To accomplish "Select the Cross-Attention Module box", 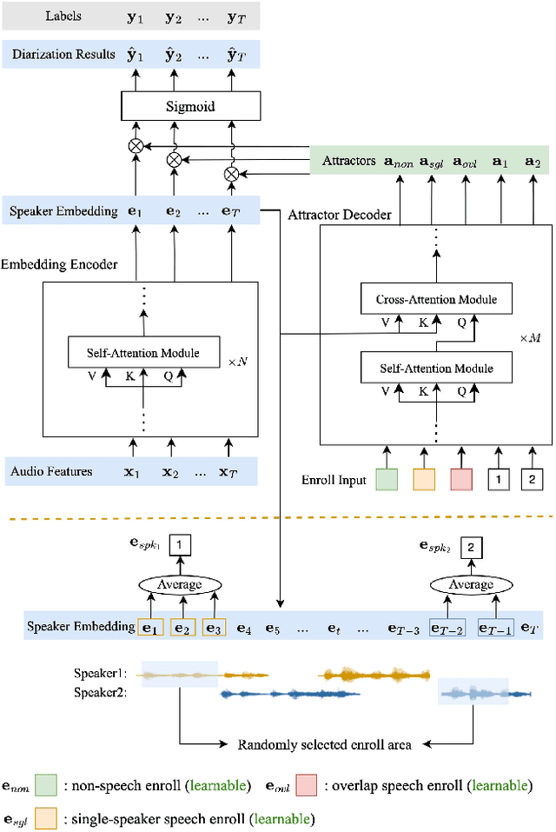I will coord(436,300).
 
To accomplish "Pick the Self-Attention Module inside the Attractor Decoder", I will coord(436,369).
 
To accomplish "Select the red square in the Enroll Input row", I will coord(461,479).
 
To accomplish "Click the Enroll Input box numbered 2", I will coord(532,479).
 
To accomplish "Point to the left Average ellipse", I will coord(179,584).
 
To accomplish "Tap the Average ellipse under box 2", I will coord(470,584).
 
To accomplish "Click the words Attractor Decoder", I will coord(340,215).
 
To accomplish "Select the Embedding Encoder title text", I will coord(59,263).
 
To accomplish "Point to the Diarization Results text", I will coord(63,55).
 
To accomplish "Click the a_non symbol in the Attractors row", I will coord(399,162).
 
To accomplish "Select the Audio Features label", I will coord(51,472).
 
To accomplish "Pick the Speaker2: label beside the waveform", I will coord(101,693).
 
